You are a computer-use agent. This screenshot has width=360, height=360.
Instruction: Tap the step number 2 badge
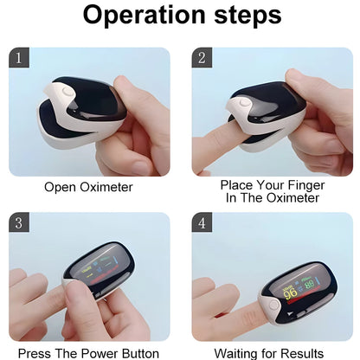[x=202, y=58]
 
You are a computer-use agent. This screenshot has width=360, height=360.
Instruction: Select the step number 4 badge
[x=202, y=222]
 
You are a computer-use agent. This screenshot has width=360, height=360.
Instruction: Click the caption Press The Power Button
[x=88, y=352]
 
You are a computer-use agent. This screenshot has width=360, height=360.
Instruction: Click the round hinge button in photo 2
[x=245, y=104]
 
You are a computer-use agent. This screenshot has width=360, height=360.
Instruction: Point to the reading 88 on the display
[x=309, y=282]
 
